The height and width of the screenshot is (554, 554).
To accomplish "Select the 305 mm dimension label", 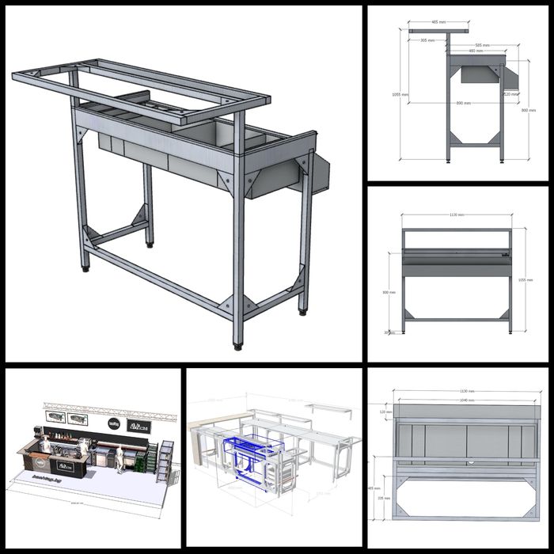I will [427, 40].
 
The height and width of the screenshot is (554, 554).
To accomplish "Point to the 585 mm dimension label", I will [480, 45].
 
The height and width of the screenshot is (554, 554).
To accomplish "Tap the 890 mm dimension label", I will [463, 104].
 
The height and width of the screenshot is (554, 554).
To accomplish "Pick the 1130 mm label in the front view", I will [456, 214].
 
